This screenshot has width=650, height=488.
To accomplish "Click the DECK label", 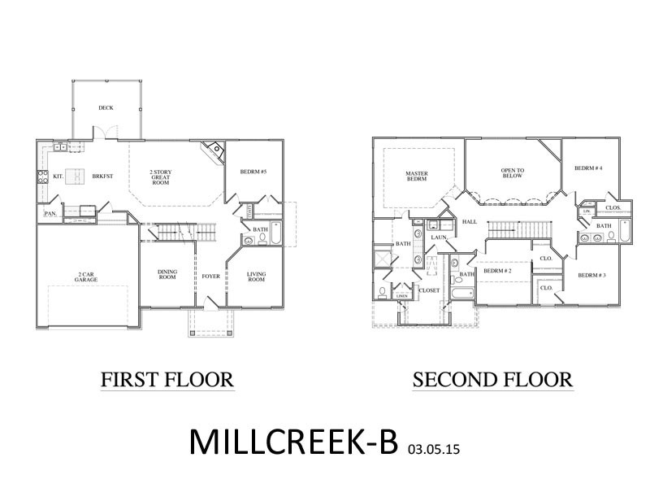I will (106, 107).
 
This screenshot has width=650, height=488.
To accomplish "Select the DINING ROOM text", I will (167, 276).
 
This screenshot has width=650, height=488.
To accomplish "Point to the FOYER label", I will (210, 276).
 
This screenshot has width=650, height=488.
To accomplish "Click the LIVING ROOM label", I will (257, 277).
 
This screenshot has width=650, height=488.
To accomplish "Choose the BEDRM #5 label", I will (254, 172).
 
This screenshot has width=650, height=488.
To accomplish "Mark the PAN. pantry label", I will (49, 215).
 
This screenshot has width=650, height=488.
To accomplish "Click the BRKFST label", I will (103, 176).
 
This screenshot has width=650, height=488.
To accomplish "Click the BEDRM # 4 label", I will (588, 168).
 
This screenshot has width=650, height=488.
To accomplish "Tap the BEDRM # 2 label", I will (496, 271).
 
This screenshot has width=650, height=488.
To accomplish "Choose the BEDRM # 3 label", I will (591, 275).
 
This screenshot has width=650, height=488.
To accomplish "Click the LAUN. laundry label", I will (440, 237).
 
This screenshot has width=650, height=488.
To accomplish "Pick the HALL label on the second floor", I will (470, 221).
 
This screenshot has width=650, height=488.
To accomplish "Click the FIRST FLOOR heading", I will (167, 379).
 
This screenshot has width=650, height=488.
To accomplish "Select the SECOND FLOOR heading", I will (492, 379).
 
